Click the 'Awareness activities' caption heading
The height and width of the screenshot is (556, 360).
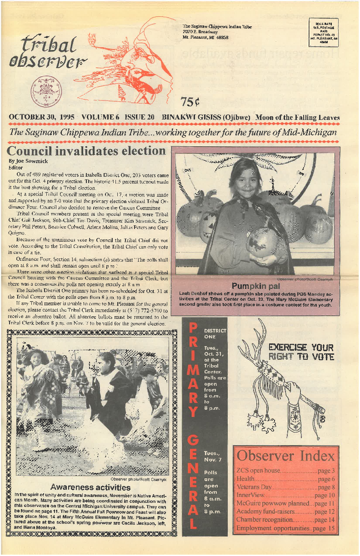point(90,487)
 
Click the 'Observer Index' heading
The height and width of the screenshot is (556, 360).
point(286,456)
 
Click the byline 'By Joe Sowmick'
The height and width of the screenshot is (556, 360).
point(28,161)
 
